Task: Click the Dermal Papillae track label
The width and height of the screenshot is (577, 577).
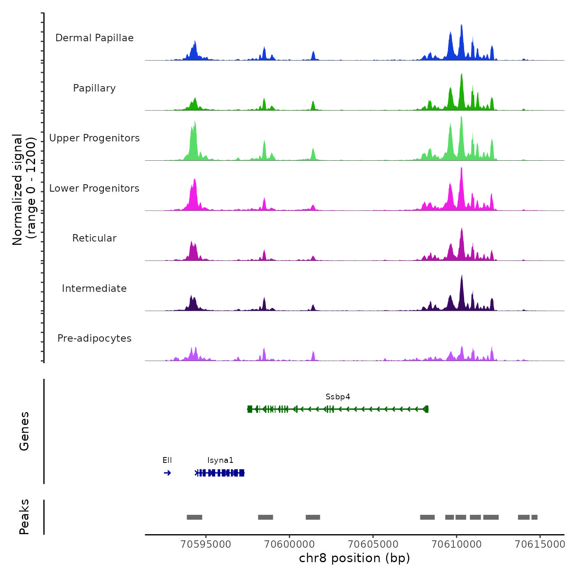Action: [x=94, y=38]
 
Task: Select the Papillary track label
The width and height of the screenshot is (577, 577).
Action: [x=94, y=88]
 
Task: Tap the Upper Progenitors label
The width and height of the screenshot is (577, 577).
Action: [x=94, y=138]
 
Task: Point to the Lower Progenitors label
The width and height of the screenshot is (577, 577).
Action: [x=94, y=188]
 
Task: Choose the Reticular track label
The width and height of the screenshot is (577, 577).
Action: [x=94, y=238]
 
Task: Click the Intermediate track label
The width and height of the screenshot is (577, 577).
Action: [x=94, y=288]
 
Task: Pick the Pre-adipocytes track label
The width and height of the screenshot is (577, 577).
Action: [x=94, y=338]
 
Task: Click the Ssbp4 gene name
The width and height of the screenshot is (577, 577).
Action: [x=338, y=397]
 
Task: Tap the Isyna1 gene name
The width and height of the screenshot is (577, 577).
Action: [x=220, y=460]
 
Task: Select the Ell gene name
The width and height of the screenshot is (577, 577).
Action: [x=167, y=460]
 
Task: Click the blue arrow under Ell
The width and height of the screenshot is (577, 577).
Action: [x=167, y=473]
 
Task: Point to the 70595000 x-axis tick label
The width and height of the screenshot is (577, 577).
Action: [x=206, y=544]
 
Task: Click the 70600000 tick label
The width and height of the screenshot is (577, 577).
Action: [x=290, y=544]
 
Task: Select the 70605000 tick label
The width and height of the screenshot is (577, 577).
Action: [x=373, y=544]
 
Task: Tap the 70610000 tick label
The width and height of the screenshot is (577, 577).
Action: [x=457, y=544]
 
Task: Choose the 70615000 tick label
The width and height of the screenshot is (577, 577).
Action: [x=540, y=544]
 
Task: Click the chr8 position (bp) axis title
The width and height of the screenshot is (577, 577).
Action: [x=354, y=558]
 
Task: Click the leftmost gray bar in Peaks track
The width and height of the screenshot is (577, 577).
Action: [x=195, y=517]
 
